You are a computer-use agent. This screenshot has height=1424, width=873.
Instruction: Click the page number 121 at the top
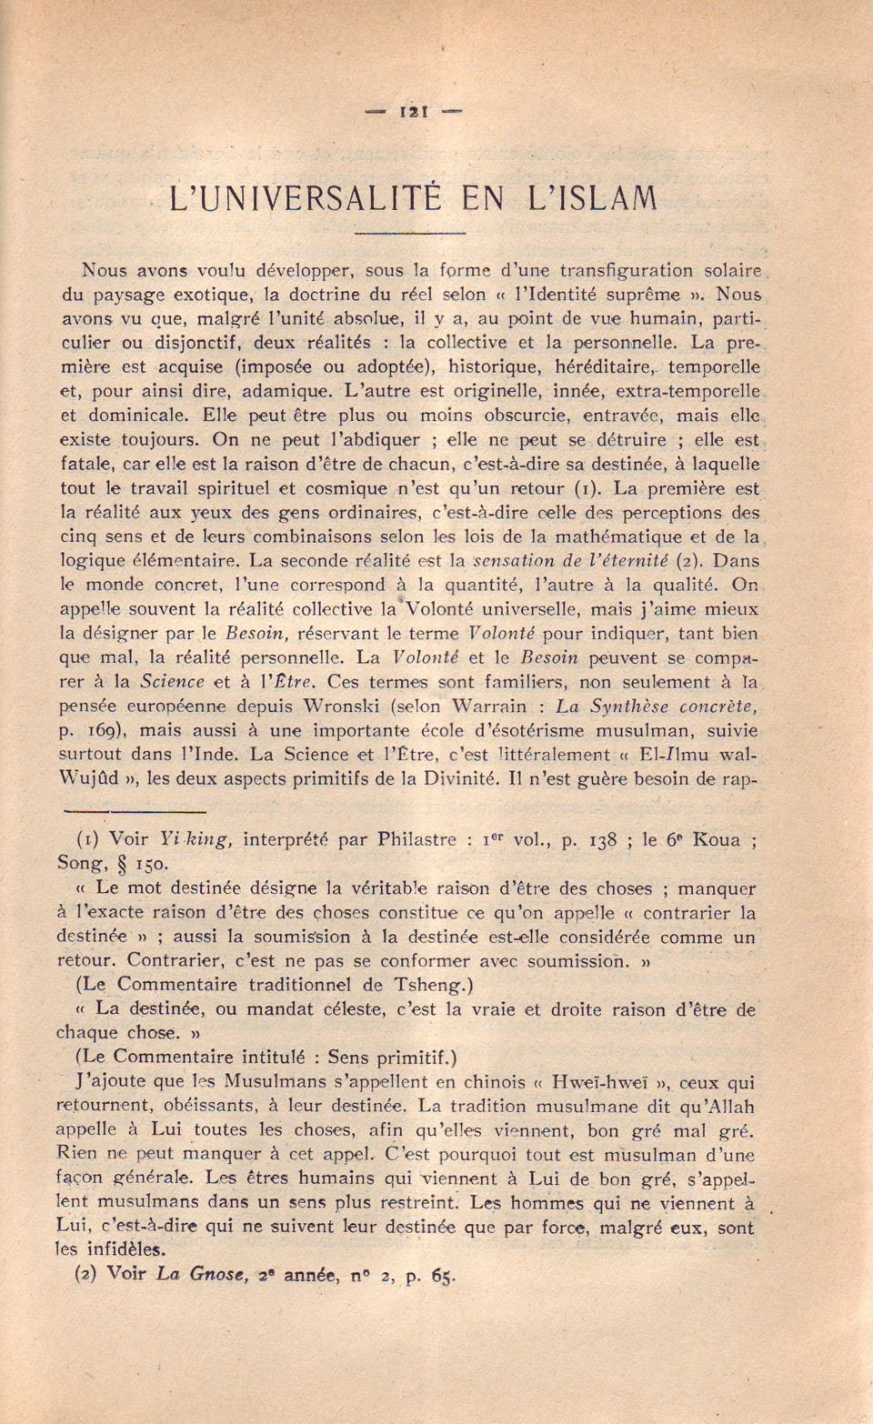click(x=414, y=112)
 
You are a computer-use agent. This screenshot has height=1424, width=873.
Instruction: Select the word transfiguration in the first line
click(x=626, y=270)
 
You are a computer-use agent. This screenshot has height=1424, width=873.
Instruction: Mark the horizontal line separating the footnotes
click(x=135, y=810)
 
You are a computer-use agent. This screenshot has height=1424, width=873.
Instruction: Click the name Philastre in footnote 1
click(x=416, y=839)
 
